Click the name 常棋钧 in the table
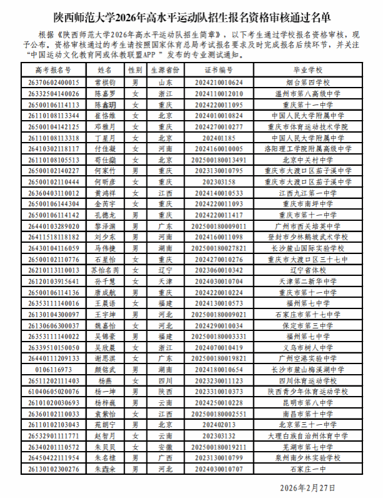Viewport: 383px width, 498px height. pos(105,82)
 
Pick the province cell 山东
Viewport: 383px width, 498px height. pos(166,82)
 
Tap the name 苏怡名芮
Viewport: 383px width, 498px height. pos(105,270)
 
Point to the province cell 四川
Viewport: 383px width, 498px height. pos(166,380)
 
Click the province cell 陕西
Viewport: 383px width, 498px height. pos(166,391)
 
